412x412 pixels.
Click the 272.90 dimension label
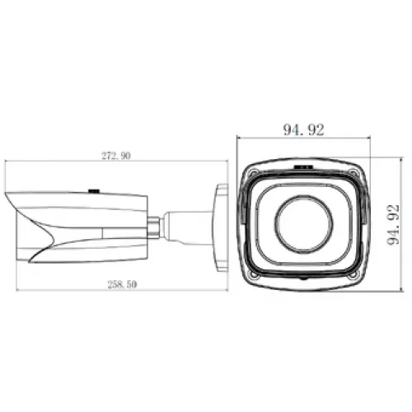coord(116,156)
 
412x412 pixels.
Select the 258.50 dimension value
coord(122,284)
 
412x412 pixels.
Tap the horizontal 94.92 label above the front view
coord(303,129)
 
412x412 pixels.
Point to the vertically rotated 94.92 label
coord(393,225)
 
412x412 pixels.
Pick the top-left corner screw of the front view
coord(253,173)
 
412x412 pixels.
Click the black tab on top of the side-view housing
coord(94,191)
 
